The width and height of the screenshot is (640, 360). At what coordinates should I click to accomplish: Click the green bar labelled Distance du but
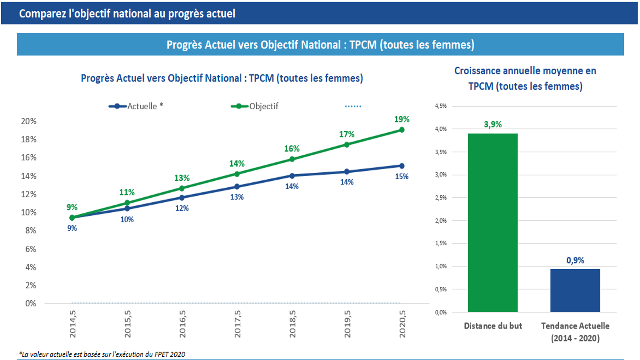click(x=492, y=222)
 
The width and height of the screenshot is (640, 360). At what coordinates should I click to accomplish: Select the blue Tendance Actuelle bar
click(x=575, y=290)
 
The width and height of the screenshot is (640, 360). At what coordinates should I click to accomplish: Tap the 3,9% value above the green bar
click(x=493, y=124)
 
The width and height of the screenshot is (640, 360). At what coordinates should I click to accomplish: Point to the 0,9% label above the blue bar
click(x=575, y=260)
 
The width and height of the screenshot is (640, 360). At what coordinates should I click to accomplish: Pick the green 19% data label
click(x=402, y=119)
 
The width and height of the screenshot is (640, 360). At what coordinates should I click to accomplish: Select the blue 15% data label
click(x=402, y=176)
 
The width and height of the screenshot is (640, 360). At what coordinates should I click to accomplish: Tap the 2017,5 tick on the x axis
click(x=237, y=324)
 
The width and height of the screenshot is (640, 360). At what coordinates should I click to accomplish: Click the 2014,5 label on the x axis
click(x=73, y=324)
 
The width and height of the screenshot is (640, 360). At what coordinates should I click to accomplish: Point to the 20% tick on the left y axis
click(x=29, y=121)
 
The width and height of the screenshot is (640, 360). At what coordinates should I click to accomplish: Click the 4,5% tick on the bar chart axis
click(x=441, y=106)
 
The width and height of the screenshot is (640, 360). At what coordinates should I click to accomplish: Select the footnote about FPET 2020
click(x=102, y=354)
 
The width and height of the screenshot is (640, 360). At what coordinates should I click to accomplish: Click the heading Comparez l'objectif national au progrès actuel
click(x=127, y=13)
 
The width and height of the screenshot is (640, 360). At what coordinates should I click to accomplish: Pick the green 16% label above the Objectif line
click(x=292, y=149)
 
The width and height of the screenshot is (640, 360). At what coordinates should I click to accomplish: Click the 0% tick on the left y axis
click(x=31, y=303)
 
